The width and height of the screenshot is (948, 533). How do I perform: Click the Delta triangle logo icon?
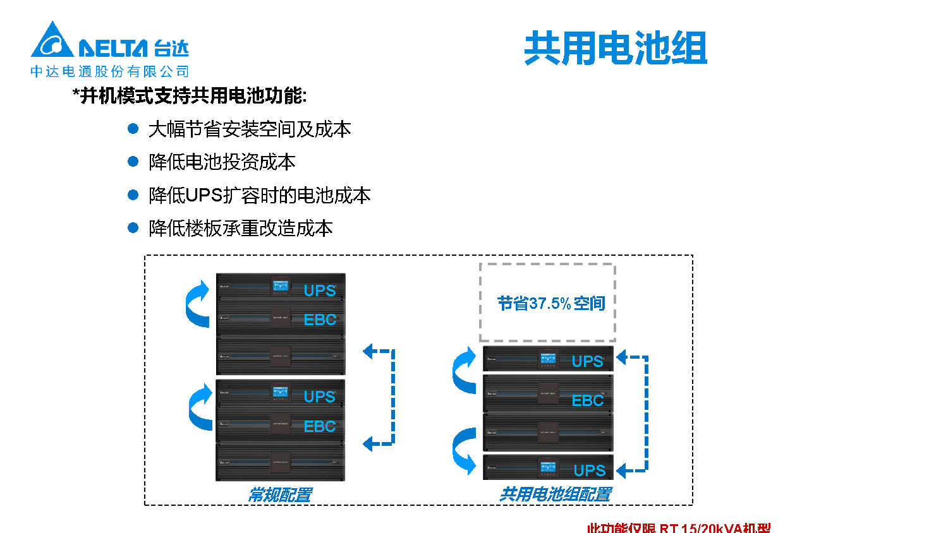pyautogui.click(x=52, y=41)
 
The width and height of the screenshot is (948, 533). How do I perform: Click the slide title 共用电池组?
pyautogui.click(x=615, y=48)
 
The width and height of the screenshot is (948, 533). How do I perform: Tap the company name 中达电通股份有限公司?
pyautogui.click(x=110, y=71)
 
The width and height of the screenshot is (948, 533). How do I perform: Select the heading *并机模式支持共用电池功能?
pyautogui.click(x=190, y=96)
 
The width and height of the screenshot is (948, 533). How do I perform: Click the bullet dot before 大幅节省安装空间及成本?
pyautogui.click(x=133, y=129)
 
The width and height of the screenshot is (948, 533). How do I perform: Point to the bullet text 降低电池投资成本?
pyautogui.click(x=222, y=162)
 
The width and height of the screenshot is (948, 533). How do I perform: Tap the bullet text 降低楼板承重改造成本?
pyautogui.click(x=240, y=228)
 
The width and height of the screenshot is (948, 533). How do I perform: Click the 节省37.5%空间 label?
pyautogui.click(x=550, y=304)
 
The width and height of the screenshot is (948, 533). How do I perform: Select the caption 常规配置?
pyautogui.click(x=279, y=494)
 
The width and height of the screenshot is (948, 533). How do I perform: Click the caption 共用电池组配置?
pyautogui.click(x=555, y=494)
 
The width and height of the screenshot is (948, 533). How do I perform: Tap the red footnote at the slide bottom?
pyautogui.click(x=678, y=527)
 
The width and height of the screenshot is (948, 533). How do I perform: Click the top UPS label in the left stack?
pyautogui.click(x=319, y=290)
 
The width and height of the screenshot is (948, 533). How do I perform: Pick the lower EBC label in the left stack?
pyautogui.click(x=319, y=426)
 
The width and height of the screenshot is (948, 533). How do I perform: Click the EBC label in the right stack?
pyautogui.click(x=587, y=400)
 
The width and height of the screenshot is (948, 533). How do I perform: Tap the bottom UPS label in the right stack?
pyautogui.click(x=589, y=470)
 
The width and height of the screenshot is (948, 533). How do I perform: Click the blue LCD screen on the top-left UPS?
pyautogui.click(x=280, y=285)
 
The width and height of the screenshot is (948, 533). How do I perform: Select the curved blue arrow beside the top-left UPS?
pyautogui.click(x=198, y=304)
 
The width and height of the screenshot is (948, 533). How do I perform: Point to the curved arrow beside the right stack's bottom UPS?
pyautogui.click(x=465, y=450)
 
